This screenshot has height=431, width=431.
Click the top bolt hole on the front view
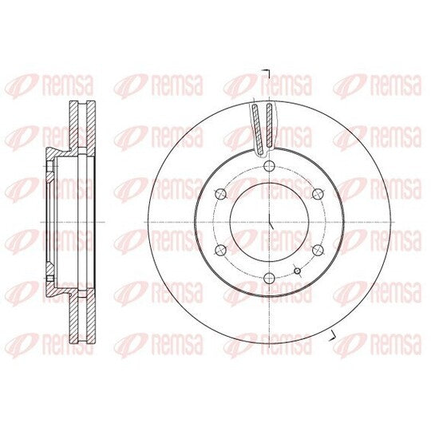269,166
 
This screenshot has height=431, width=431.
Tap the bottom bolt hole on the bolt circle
269,278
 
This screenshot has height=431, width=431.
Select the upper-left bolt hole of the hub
221,194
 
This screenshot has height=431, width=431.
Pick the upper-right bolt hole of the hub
318,194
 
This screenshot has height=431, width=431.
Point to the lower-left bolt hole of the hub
221,250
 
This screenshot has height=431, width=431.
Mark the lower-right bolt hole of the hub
318,250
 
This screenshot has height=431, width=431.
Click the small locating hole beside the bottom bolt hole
298,271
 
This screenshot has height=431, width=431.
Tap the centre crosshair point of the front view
270,222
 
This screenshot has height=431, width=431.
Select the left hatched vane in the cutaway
258,129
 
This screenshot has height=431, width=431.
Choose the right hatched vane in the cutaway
270,125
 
